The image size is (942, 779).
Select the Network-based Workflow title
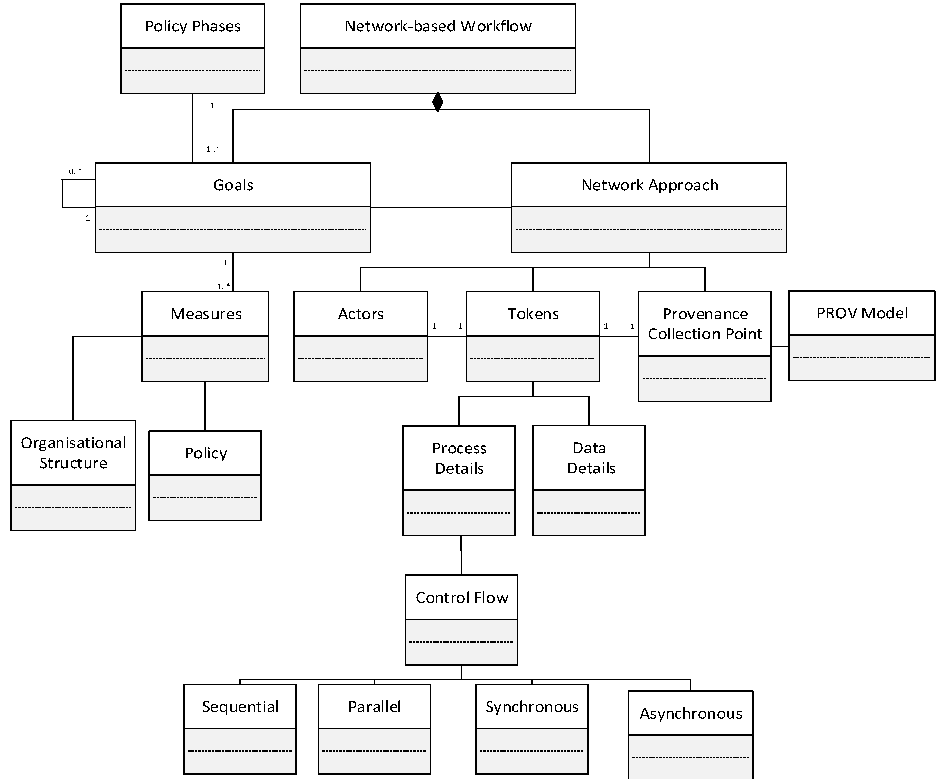[438, 26]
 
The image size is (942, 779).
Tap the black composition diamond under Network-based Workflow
[438, 102]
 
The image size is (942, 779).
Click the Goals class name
[233, 185]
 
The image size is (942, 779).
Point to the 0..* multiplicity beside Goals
[75, 171]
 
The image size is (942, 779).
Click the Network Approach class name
[649, 185]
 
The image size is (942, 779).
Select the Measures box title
[206, 314]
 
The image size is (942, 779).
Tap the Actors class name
[361, 314]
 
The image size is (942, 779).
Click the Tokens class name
[533, 314]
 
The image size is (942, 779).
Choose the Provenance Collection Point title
[705, 324]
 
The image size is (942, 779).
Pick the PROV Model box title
[862, 313]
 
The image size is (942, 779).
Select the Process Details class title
[459, 458]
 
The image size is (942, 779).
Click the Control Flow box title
[462, 597]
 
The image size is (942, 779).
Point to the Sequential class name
[240, 707]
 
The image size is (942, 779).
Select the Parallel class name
[374, 707]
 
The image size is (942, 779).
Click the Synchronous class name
[531, 707]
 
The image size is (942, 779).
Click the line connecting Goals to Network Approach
[441, 208]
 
